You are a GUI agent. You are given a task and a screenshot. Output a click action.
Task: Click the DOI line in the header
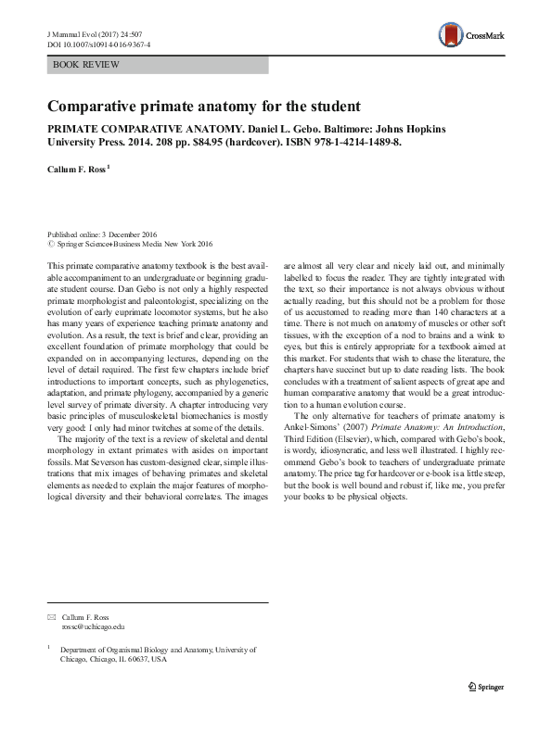click(98, 44)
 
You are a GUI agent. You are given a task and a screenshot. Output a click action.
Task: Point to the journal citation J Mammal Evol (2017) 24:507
click(96, 32)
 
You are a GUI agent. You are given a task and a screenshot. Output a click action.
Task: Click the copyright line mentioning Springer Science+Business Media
click(134, 245)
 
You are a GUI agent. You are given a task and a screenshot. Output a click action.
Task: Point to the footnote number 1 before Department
click(48, 649)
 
